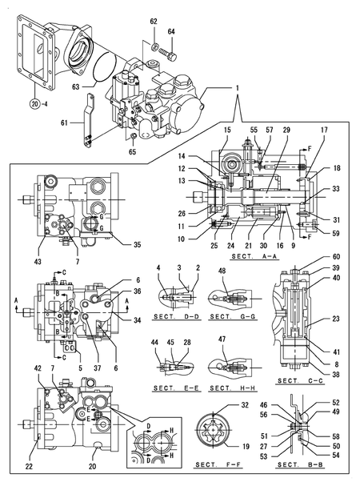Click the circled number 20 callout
[x=35, y=104]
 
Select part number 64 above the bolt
[x=171, y=31]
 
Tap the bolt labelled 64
[x=168, y=54]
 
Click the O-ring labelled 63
[x=104, y=67]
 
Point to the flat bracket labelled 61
[x=88, y=120]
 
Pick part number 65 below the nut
[x=132, y=152]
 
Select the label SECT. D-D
[x=176, y=316]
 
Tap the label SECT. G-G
[x=233, y=316]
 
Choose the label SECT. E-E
[x=176, y=388]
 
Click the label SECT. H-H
[x=233, y=388]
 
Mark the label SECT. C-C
[x=300, y=380]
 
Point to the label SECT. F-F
[x=218, y=464]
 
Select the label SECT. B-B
[x=300, y=464]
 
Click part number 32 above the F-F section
[x=245, y=405]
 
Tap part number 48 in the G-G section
[x=222, y=271]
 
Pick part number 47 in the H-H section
[x=222, y=339]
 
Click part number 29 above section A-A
[x=286, y=130]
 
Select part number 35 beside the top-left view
[x=137, y=244]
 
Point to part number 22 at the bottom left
[x=29, y=466]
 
